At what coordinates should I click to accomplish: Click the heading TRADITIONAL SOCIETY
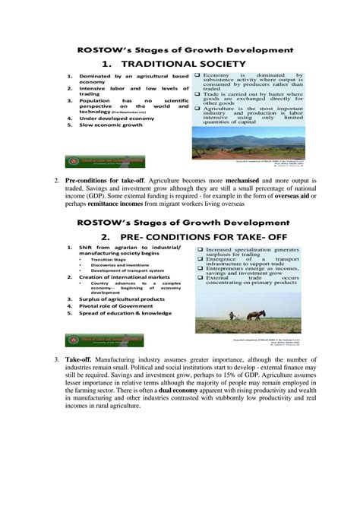181,63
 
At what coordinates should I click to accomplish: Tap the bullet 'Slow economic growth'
112,125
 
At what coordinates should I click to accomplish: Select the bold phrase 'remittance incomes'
118,204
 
